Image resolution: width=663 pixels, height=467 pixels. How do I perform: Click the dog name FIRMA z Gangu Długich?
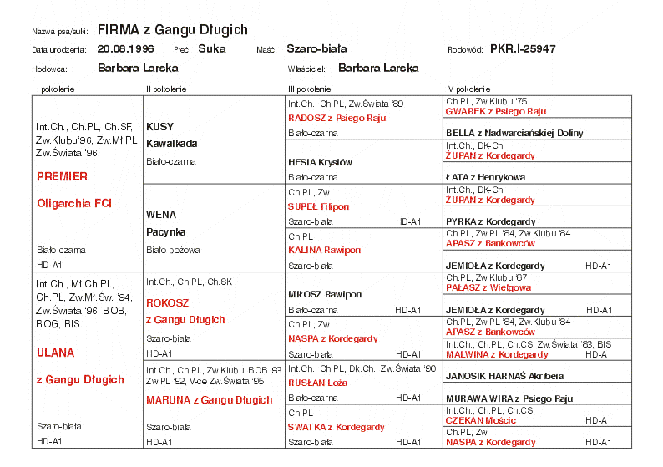pos(172,30)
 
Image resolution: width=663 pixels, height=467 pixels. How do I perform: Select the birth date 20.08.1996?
pos(125,49)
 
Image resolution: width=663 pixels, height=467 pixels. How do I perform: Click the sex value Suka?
pos(212,49)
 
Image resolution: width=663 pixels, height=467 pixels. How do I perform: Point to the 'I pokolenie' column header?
pos(54,89)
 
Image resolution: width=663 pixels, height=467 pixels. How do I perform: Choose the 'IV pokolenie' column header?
pos(468,89)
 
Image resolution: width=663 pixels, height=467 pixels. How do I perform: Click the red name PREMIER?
pos(62,177)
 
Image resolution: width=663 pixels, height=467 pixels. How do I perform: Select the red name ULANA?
pos(56,353)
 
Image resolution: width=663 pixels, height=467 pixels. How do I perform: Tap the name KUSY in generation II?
pos(159,127)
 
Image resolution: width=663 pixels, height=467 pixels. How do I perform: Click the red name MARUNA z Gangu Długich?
pos(209,400)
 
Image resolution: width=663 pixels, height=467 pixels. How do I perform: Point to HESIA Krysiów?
pos(320,162)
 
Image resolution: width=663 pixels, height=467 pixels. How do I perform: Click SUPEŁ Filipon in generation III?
pos(318,206)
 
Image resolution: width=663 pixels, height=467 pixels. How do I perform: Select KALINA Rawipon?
pos(324,250)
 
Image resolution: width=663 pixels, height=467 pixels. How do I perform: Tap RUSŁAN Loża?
pos(318,383)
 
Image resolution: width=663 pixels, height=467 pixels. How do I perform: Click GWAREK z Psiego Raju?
pos(495,111)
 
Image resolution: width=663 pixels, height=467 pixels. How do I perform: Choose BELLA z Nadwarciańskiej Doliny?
pos(514,133)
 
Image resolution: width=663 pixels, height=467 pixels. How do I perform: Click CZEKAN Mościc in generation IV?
pos(480,420)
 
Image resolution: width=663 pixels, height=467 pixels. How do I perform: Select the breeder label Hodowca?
pos(49,69)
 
